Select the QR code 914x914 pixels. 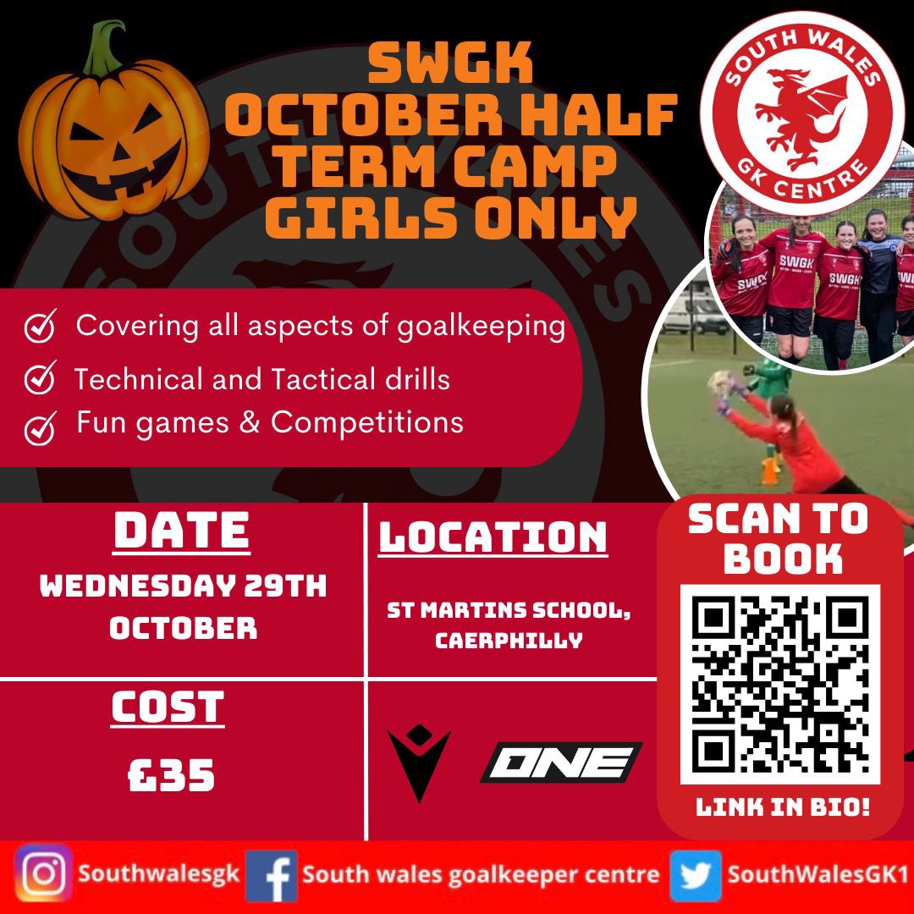780,685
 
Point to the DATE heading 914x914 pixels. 182,532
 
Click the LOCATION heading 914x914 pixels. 493,537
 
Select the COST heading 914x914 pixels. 168,708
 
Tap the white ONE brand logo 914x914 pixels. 561,763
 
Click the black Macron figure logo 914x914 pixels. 419,763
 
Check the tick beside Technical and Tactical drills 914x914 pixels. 40,378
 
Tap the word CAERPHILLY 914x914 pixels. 509,640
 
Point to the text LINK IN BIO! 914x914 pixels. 782,807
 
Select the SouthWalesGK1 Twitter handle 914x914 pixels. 818,873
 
